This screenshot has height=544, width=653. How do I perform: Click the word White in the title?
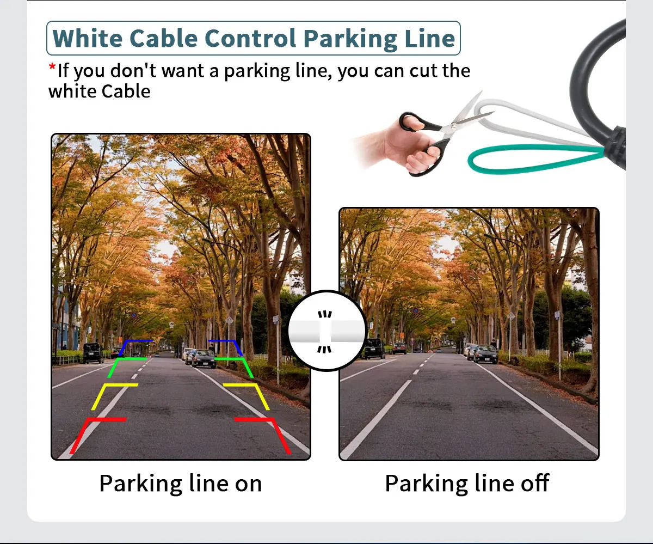[x=88, y=38]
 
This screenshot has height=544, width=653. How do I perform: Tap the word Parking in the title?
[x=350, y=39]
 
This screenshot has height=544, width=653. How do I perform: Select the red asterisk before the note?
[x=52, y=67]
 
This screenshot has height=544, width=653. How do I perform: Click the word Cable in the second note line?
[x=126, y=91]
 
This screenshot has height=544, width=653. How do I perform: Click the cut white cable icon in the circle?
[x=326, y=331]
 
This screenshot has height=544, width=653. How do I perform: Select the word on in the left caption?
[x=249, y=484]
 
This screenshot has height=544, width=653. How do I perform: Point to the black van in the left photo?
[x=93, y=353]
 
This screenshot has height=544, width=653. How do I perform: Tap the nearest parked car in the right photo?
[x=486, y=354]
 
